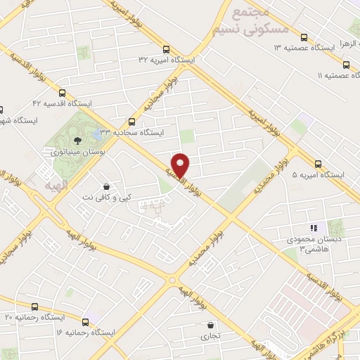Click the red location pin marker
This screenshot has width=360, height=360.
(x=181, y=164)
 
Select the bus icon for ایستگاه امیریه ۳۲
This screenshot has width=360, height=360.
(x=166, y=49)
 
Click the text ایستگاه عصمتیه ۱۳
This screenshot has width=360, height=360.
(x=304, y=48)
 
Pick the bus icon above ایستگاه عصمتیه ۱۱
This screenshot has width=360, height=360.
(x=345, y=62)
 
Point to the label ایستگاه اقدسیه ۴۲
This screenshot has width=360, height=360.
(x=67, y=103)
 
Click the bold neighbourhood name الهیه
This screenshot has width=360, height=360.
(x=56, y=171)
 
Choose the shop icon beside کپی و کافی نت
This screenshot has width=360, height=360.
(x=106, y=186)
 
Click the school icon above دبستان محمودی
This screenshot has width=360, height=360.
(x=314, y=228)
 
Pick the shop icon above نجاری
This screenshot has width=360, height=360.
(x=212, y=325)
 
